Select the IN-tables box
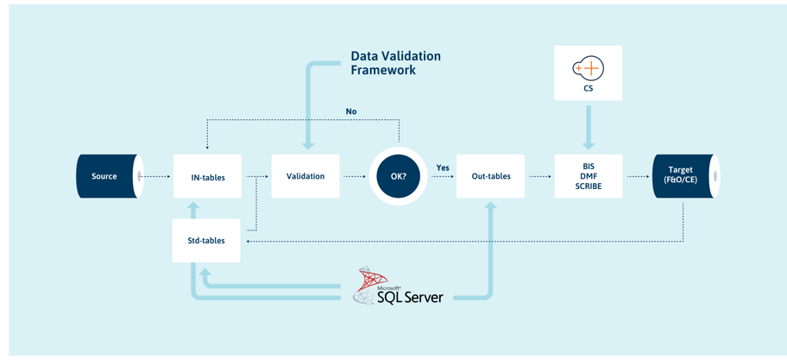coord(207,176)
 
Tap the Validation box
coord(305,176)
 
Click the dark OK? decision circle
coord(400,177)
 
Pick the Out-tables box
coord(490,176)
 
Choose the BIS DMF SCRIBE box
coord(589,176)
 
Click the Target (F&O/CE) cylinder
coord(686,176)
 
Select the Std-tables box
coord(206,241)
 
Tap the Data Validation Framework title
coord(395,63)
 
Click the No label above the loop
coord(351,111)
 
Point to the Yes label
coord(443,167)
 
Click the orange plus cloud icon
coord(589,69)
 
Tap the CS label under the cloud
coord(589,90)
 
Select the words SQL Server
coord(410,297)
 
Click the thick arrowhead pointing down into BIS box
coord(589,144)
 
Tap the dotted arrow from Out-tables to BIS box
coord(539,177)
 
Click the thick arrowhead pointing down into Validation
coord(309,145)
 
